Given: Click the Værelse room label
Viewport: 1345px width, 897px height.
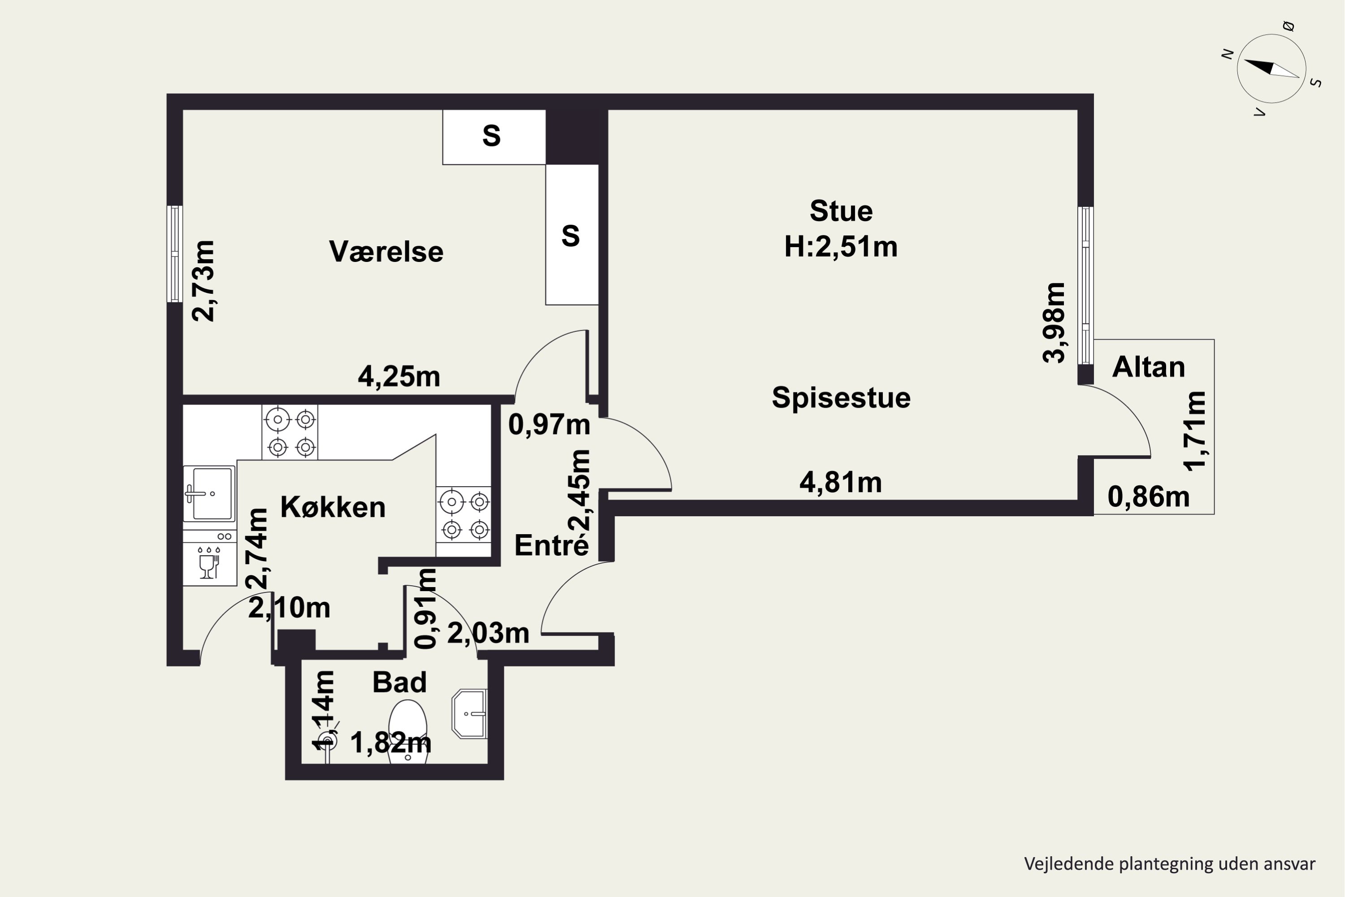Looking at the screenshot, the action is pos(386,252).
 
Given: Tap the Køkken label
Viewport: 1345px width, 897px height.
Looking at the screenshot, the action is pos(333,507).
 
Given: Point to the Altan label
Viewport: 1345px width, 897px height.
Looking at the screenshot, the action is pos(1148,367).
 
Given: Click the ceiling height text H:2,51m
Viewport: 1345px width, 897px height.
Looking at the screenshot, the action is pos(841,247).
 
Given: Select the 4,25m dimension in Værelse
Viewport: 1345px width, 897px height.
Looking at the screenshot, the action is pos(399,376).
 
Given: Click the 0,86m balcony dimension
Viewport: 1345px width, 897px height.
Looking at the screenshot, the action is pos(1148,496).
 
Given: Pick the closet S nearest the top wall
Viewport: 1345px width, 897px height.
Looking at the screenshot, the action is pos(494,137).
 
